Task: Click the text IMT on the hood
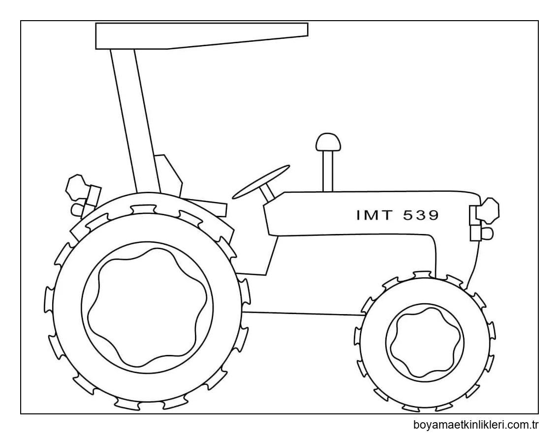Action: [x=374, y=215]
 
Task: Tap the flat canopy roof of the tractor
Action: [x=201, y=35]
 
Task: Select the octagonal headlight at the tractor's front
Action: [x=489, y=210]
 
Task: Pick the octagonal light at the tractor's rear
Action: [x=76, y=187]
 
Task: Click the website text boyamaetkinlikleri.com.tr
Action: [x=476, y=425]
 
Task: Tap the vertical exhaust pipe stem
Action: [x=328, y=171]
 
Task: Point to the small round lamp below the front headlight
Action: [x=487, y=233]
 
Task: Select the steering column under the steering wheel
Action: [x=268, y=193]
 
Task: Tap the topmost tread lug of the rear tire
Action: [x=143, y=209]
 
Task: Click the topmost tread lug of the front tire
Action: [x=422, y=275]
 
